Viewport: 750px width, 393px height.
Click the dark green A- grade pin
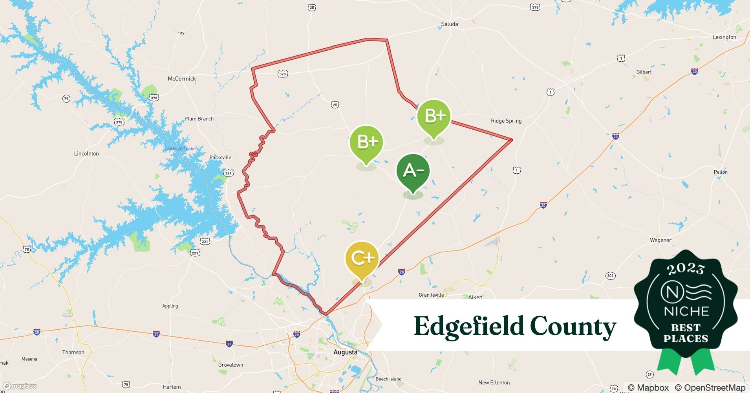tap(413, 171)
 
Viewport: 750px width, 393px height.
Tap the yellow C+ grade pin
tap(362, 258)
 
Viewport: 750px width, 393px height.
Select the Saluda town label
tap(449, 24)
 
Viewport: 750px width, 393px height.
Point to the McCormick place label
tap(182, 79)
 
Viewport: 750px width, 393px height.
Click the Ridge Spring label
tap(506, 121)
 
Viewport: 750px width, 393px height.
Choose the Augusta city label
tap(345, 352)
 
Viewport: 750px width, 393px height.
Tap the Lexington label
tap(724, 37)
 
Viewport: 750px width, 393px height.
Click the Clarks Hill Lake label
tap(180, 149)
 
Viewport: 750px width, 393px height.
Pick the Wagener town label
tap(660, 240)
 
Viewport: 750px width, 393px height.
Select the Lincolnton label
tap(86, 154)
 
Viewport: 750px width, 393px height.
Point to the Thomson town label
tap(73, 352)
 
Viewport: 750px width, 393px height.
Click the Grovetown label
tap(230, 365)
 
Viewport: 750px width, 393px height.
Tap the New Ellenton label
tap(494, 382)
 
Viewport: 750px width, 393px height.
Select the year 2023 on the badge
tap(686, 269)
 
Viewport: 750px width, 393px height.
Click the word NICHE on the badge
tap(686, 311)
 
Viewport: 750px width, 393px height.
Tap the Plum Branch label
tap(199, 119)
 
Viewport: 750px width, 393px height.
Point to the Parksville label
tap(220, 158)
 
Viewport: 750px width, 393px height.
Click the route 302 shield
tap(610, 275)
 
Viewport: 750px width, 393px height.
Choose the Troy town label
tap(179, 33)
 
